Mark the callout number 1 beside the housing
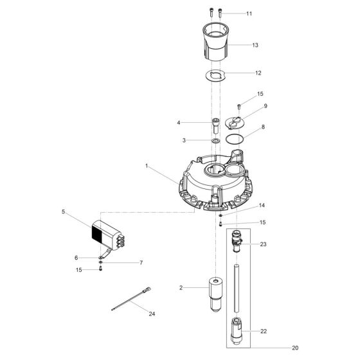tap(147, 166)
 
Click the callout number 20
tap(295, 348)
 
